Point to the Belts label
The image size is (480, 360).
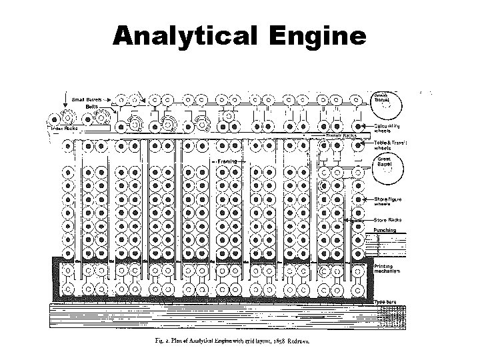coord(91,107)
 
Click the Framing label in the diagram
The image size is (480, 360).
coord(226,161)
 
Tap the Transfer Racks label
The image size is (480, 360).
coord(341,136)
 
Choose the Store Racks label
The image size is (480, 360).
coord(388,219)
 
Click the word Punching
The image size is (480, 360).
coord(385,230)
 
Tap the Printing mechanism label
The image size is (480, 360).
coord(389,270)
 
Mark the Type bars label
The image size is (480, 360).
coord(387,302)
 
